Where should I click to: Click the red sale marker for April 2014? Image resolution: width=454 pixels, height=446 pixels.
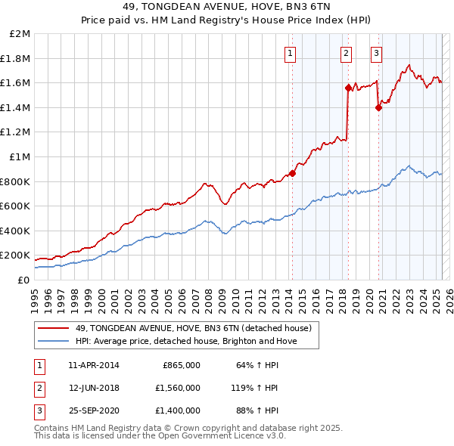pos(292,173)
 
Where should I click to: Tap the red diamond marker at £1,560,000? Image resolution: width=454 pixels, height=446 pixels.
pos(348,88)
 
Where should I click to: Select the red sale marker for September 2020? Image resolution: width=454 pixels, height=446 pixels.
pos(379,107)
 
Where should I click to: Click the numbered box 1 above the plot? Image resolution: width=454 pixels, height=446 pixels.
pos(291,53)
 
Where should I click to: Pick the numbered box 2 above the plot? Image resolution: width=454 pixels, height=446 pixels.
pos(346,53)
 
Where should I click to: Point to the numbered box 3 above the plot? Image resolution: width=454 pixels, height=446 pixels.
pos(376,53)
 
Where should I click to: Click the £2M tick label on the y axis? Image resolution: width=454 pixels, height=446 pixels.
pos(20,34)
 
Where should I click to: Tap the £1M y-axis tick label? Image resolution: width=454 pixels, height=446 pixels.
pos(20,157)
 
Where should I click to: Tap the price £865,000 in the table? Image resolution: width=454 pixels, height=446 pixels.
pos(182,364)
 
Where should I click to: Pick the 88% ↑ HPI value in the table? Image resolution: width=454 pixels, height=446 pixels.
pos(262,410)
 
